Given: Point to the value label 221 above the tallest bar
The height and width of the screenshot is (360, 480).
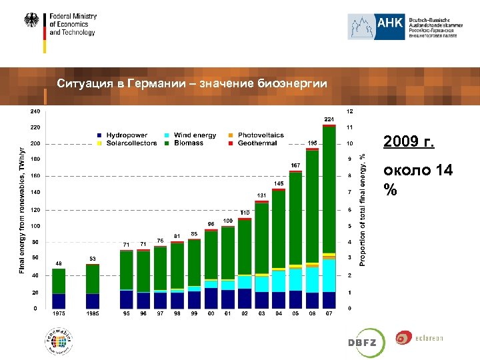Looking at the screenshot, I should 329,119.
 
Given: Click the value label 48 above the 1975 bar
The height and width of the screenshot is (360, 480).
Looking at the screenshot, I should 59,263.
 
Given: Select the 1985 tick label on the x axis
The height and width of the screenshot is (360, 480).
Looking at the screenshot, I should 93,314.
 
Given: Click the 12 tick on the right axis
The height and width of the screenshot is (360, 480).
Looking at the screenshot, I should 349,111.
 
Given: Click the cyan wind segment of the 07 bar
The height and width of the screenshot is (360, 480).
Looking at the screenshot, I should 329,276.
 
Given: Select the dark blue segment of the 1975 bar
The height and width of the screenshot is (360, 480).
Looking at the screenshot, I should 59,301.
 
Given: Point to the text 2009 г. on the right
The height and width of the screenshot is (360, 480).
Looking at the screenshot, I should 409,142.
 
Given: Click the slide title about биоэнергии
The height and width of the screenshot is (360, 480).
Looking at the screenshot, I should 192,83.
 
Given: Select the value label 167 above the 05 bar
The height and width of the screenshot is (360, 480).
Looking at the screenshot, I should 295,165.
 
